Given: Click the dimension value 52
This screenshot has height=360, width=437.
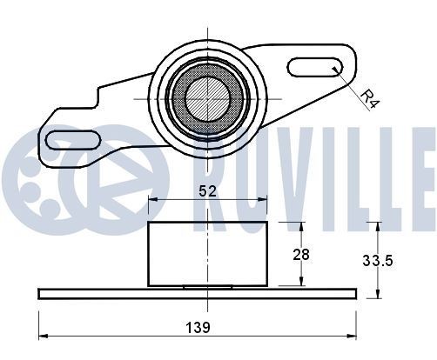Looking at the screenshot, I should click(207, 190).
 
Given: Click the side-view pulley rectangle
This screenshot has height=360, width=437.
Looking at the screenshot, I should click(208, 253).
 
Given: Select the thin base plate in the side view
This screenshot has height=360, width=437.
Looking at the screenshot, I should click(197, 293).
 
